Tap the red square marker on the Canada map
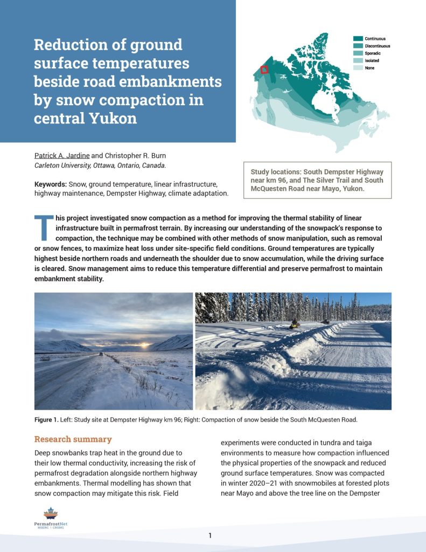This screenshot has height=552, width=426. [264, 70]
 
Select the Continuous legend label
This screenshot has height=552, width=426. [375, 39]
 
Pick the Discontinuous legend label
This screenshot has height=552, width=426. [377, 46]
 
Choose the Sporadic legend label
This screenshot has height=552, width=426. [373, 53]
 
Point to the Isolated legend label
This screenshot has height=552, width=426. [372, 61]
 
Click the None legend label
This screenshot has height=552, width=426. [370, 68]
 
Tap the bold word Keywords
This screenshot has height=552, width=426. [49, 184]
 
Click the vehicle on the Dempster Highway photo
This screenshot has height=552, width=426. [101, 354]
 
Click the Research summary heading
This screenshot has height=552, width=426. [73, 439]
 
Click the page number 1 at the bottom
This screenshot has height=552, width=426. [211, 535]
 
